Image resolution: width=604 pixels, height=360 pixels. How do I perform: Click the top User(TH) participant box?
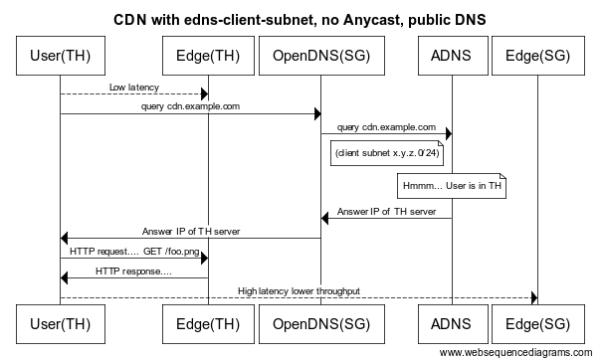click(60, 56)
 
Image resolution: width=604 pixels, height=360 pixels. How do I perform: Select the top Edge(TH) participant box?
click(208, 56)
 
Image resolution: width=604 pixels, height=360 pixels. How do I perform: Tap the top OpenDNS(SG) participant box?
click(319, 56)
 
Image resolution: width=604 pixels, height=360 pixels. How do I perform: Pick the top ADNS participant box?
click(452, 56)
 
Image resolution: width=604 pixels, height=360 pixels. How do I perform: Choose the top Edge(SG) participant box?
click(537, 56)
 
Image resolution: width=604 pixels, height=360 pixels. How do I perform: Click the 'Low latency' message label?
click(133, 88)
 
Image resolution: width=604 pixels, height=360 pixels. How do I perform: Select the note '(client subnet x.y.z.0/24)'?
click(387, 153)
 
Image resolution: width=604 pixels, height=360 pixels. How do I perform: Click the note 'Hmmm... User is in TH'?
click(452, 186)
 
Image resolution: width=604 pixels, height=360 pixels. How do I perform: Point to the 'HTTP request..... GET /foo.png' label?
click(133, 252)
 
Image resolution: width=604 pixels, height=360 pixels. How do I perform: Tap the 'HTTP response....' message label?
click(133, 270)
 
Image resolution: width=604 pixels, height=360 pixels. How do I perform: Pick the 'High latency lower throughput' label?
click(299, 290)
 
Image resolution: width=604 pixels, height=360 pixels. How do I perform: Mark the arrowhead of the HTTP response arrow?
click(66, 277)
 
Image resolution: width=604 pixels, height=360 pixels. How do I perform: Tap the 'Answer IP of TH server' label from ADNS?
click(386, 212)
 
